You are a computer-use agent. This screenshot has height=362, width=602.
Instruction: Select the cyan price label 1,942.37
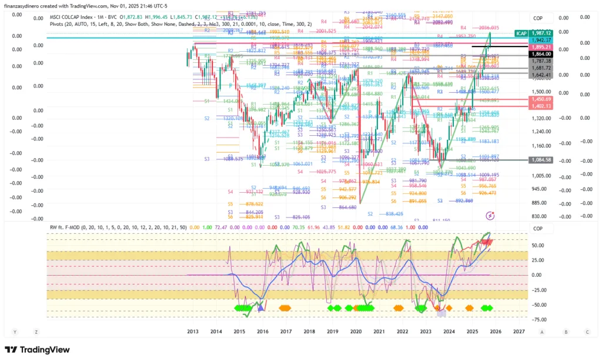tap(541, 39)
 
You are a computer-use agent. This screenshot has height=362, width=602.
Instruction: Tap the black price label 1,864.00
tap(541, 53)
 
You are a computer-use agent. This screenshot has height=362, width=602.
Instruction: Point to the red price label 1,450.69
tap(541, 99)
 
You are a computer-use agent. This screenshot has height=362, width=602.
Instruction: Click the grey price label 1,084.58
tap(541, 159)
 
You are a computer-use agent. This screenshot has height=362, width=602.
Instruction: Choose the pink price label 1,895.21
tap(541, 47)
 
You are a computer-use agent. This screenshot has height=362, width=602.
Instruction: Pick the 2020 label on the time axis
tap(356, 331)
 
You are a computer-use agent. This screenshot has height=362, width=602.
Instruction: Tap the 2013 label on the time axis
tap(192, 331)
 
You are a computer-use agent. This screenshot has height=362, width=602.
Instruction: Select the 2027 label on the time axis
tap(519, 331)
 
